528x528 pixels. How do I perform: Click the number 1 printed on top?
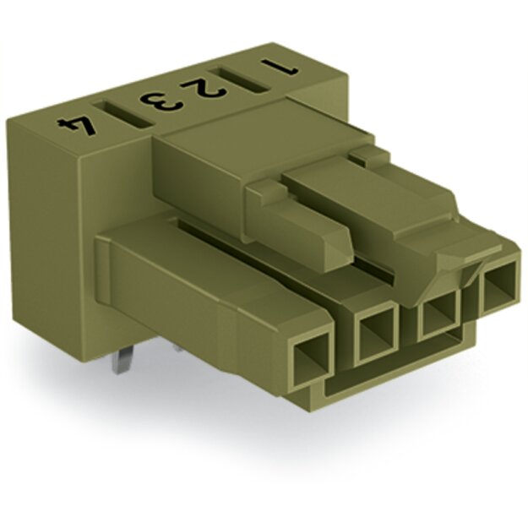pos(280,67)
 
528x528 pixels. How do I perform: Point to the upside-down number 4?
pos(76,126)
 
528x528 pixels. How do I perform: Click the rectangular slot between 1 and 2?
pos(240,80)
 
